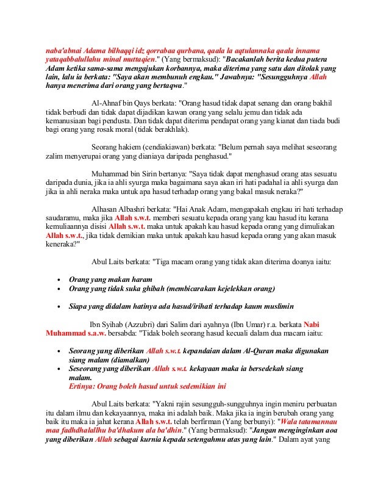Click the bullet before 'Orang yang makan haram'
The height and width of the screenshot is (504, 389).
coord(57,279)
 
